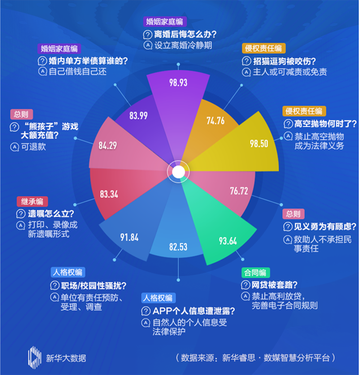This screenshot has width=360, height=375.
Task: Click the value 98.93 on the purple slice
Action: (x=178, y=83)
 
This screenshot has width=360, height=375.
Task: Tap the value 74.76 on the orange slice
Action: (x=215, y=121)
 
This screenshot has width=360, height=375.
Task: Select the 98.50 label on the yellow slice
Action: (x=259, y=143)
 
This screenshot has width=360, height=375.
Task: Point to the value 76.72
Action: (x=239, y=191)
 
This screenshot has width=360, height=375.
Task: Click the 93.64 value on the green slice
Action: (x=228, y=241)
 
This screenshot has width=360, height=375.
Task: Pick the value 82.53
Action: (x=178, y=247)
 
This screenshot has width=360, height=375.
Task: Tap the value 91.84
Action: (x=129, y=237)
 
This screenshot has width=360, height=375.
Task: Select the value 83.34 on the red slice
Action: (x=109, y=194)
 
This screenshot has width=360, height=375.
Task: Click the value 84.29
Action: (x=107, y=145)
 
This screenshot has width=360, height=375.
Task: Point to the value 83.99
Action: (x=138, y=116)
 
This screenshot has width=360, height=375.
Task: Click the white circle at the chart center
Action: (x=178, y=172)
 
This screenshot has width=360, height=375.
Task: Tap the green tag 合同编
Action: (x=256, y=273)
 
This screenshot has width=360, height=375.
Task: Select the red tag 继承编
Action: (x=32, y=201)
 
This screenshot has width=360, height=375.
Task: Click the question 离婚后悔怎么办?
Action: (x=185, y=34)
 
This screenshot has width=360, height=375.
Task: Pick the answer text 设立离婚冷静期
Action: (x=183, y=45)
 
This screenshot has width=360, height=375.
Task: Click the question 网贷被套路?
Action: (x=274, y=285)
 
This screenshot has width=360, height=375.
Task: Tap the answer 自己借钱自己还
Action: (x=78, y=71)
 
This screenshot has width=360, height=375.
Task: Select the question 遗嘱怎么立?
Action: (x=51, y=214)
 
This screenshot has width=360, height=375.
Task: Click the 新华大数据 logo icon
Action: (x=34, y=358)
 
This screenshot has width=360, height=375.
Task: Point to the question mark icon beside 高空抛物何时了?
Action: (x=288, y=124)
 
